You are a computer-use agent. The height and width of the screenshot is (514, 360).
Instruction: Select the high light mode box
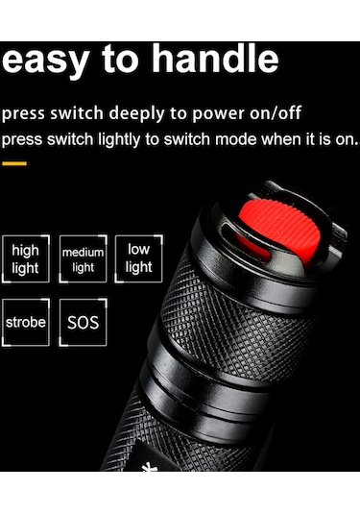tap(26, 258)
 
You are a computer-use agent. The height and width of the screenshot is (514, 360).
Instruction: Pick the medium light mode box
tap(83, 259)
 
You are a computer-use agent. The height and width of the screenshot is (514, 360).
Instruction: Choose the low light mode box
tap(138, 258)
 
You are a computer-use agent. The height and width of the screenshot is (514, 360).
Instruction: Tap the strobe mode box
tap(26, 323)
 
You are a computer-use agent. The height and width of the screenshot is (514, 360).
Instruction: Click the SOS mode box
tap(83, 323)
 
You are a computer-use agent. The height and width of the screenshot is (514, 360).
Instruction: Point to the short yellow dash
tap(14, 163)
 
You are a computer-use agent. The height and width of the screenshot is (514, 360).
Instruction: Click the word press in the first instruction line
tap(23, 114)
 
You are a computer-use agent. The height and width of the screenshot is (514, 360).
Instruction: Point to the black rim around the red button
tap(222, 227)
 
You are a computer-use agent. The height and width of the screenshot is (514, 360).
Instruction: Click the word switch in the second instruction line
tap(73, 139)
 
